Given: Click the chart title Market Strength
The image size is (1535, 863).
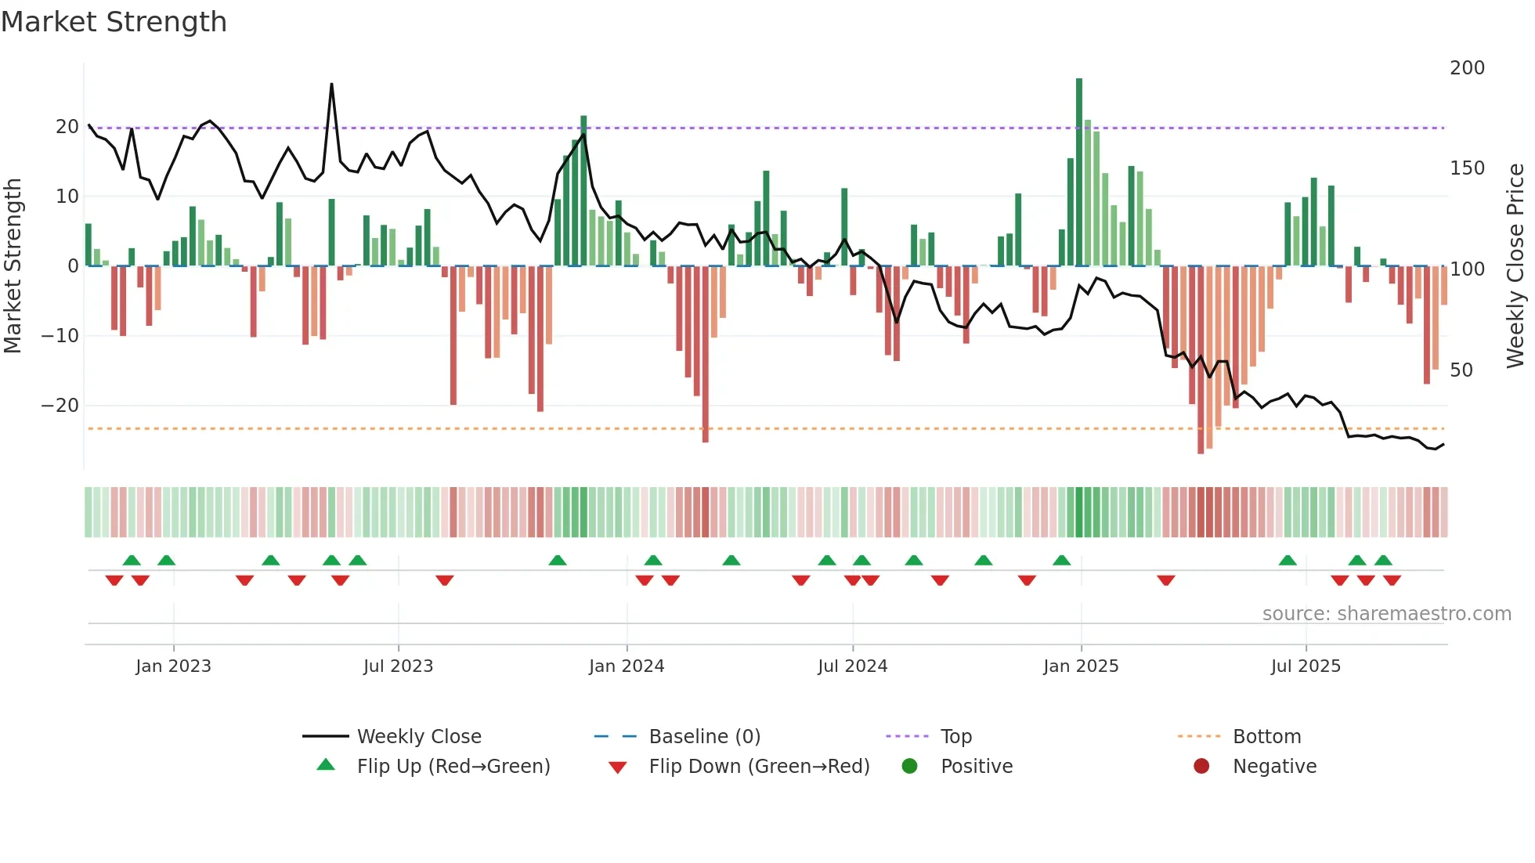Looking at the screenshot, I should [x=114, y=22].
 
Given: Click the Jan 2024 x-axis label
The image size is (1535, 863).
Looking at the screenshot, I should [x=626, y=666].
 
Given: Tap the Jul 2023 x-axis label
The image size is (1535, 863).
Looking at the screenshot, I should [x=398, y=666].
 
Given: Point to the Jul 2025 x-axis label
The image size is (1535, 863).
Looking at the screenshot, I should [x=1306, y=666].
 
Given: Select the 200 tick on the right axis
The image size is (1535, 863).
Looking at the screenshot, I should [x=1467, y=68].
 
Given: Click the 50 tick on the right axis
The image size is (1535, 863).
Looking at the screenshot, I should [x=1461, y=370].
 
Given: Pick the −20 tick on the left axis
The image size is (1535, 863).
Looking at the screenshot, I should [x=60, y=406].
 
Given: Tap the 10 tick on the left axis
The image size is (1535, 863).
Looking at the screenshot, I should [x=67, y=197].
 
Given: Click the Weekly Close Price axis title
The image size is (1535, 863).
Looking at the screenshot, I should [x=1516, y=266].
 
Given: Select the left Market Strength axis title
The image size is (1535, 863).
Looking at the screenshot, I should [x=13, y=266].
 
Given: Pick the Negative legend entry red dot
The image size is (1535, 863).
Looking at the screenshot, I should [x=1201, y=767].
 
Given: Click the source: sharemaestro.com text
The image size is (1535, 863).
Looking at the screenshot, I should [x=1386, y=614].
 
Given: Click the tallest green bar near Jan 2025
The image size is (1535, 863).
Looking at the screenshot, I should [x=1079, y=172].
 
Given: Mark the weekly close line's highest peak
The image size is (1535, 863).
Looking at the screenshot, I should [x=331, y=85].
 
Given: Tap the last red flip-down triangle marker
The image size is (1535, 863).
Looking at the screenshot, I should [x=1392, y=580].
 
